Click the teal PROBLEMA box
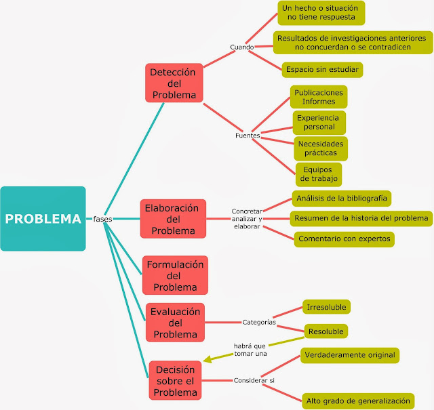coord(43,218)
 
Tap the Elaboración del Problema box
coord(173,219)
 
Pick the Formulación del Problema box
coord(175,275)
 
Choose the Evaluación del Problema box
coord(175,323)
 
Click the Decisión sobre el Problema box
coord(175,380)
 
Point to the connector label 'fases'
coord(103,219)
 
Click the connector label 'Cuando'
coord(241,47)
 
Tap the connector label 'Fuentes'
coord(247,136)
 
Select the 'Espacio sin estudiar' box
coord(322,69)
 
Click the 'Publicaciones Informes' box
coord(318,97)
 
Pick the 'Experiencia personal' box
coord(319,122)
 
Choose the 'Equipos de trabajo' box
coord(318,174)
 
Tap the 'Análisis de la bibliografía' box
coord(341,198)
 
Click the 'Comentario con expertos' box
coord(344,239)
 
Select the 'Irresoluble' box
coord(326,307)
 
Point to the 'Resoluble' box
coord(325,331)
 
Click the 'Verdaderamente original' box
coord(349,354)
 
